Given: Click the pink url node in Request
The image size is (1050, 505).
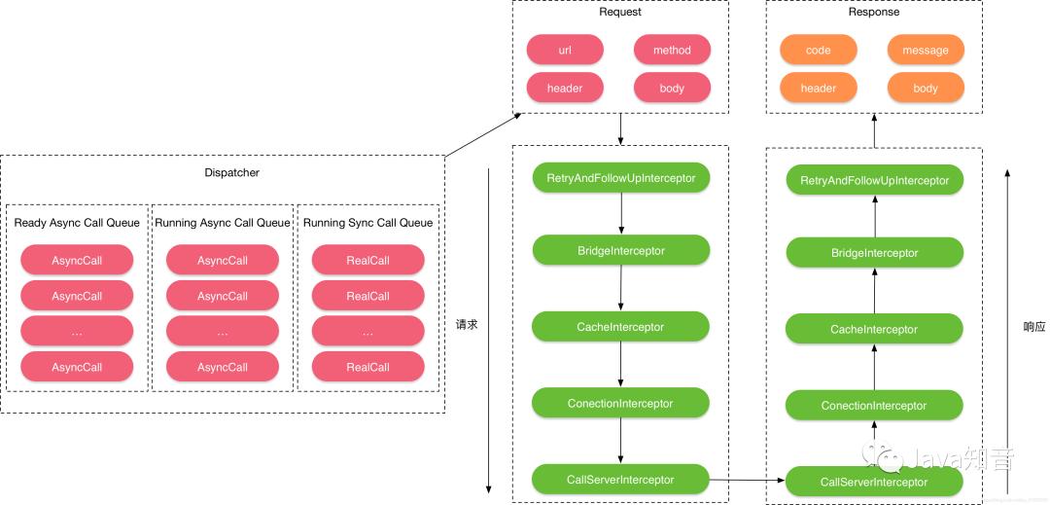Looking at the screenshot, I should (x=565, y=50).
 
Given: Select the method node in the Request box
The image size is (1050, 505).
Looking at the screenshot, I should (x=672, y=50).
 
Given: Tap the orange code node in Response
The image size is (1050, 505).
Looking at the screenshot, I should (x=818, y=50).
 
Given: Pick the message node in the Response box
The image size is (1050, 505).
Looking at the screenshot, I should (x=926, y=50).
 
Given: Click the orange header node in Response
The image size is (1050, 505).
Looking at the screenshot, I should (x=818, y=88).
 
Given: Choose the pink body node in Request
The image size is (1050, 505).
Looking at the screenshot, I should (x=672, y=88).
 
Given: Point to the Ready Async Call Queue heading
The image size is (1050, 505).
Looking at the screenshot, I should (x=77, y=223).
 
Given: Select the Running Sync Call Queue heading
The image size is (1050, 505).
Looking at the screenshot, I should (x=367, y=223).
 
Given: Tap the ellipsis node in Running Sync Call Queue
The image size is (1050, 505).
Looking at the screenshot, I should (x=367, y=332).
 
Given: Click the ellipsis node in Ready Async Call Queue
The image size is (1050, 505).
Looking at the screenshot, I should (x=77, y=332).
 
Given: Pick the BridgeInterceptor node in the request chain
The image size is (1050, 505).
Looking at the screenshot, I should (x=620, y=250).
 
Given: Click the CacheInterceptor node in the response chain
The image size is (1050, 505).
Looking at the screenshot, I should (x=874, y=329).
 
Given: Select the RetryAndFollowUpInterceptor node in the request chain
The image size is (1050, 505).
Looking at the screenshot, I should (x=620, y=177).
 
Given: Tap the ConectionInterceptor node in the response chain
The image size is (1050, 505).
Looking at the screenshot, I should (x=874, y=406).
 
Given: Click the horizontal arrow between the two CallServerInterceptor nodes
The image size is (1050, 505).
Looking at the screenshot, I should (x=746, y=480).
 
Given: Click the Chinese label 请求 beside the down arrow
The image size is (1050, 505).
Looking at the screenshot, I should (x=467, y=325).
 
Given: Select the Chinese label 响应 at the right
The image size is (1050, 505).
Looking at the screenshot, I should (x=1034, y=327).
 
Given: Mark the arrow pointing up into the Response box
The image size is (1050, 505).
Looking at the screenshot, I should (x=874, y=130).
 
